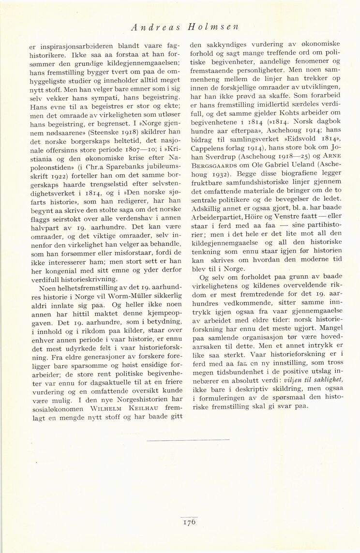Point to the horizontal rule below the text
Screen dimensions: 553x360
point(188,440)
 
